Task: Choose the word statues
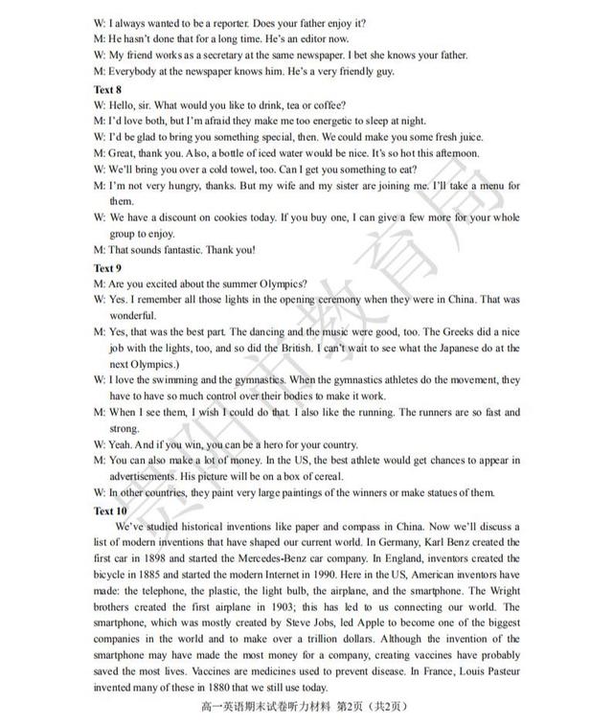coord(429,492)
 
